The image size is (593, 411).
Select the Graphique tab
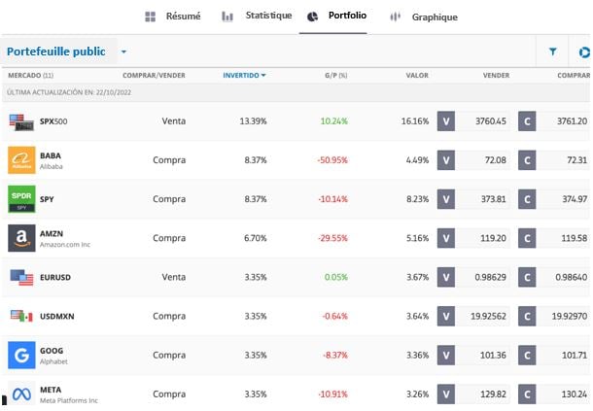coord(423,17)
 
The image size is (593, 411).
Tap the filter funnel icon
coord(553,51)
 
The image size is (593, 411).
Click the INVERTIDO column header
coord(244,75)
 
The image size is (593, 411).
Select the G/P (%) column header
coord(336,75)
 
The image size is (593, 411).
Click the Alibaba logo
coord(21,160)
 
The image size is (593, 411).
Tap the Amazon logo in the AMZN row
coord(21,238)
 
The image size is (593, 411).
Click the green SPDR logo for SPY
coord(21,199)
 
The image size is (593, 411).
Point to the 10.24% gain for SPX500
coord(333,121)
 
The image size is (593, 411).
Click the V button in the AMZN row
coord(446,238)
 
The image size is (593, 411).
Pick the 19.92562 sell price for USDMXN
coord(487,316)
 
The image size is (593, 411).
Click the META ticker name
coord(51,389)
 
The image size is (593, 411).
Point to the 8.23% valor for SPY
coord(415,199)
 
